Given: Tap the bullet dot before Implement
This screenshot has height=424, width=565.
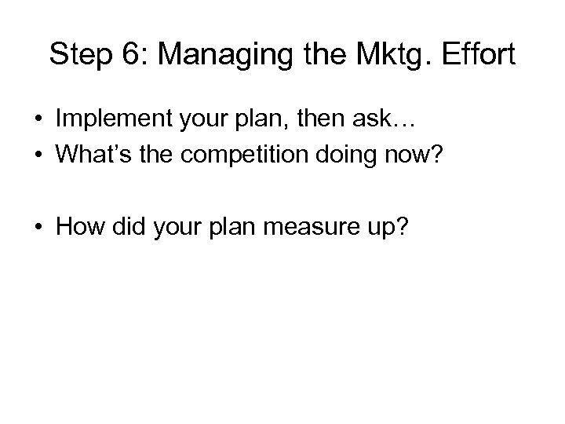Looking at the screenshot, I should coord(38,119).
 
